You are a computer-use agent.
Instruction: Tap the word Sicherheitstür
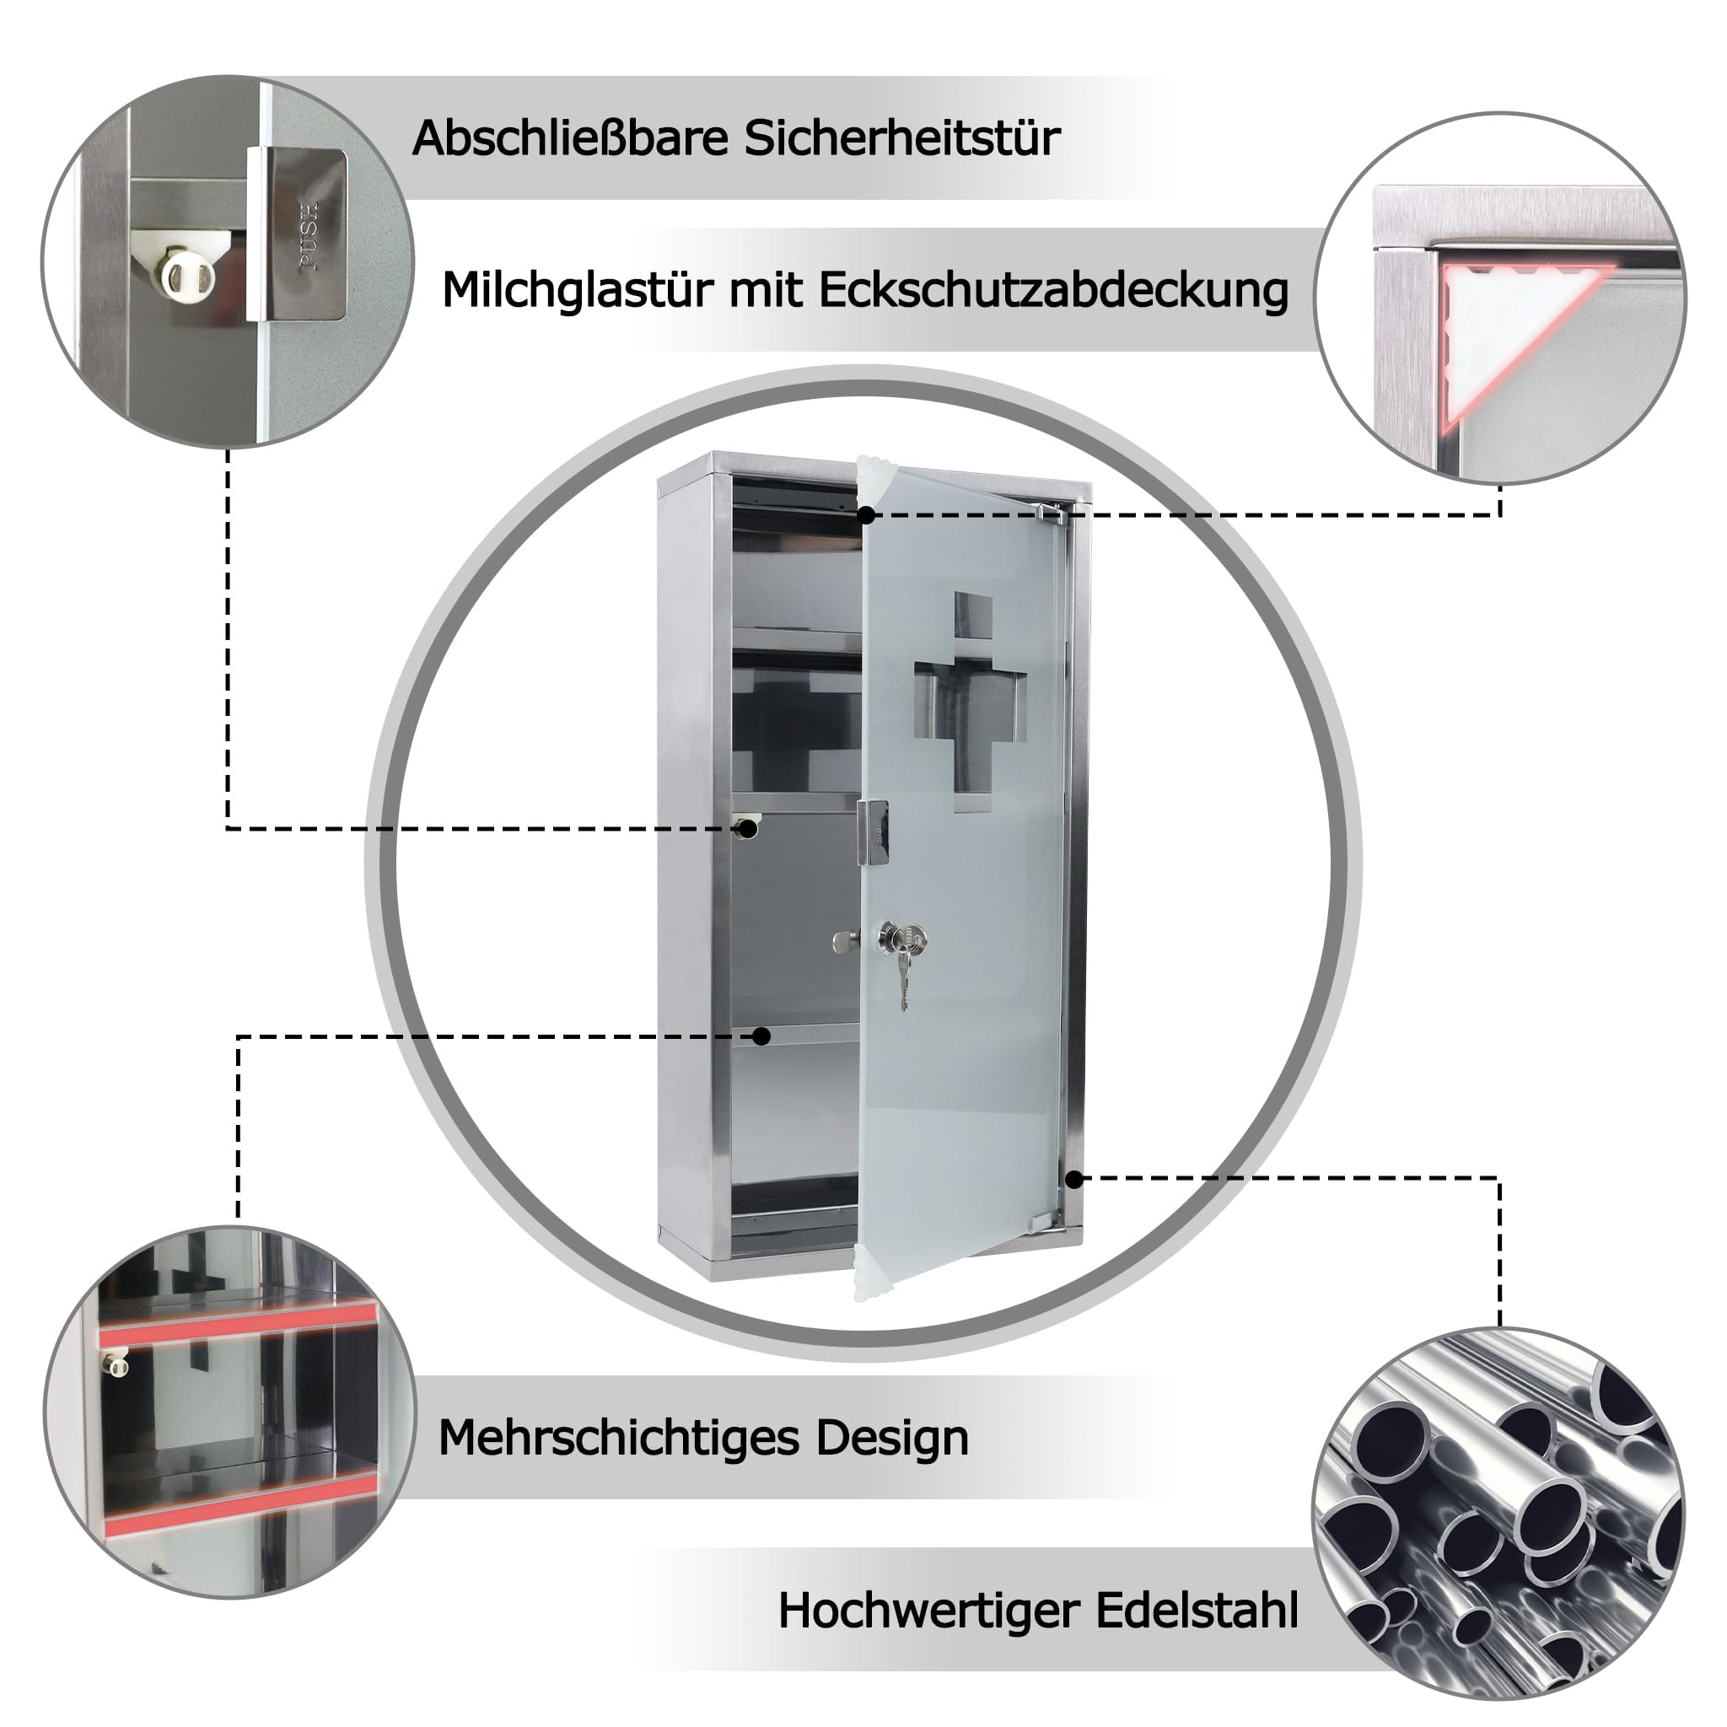click(x=903, y=138)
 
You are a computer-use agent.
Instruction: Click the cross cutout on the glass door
click(x=971, y=702)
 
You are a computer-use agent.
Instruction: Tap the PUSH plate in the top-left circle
click(x=298, y=234)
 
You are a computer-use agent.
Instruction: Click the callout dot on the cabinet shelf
click(x=761, y=1036)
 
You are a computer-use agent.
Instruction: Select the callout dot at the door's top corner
click(x=866, y=515)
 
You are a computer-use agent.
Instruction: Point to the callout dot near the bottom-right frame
click(x=1074, y=1179)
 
